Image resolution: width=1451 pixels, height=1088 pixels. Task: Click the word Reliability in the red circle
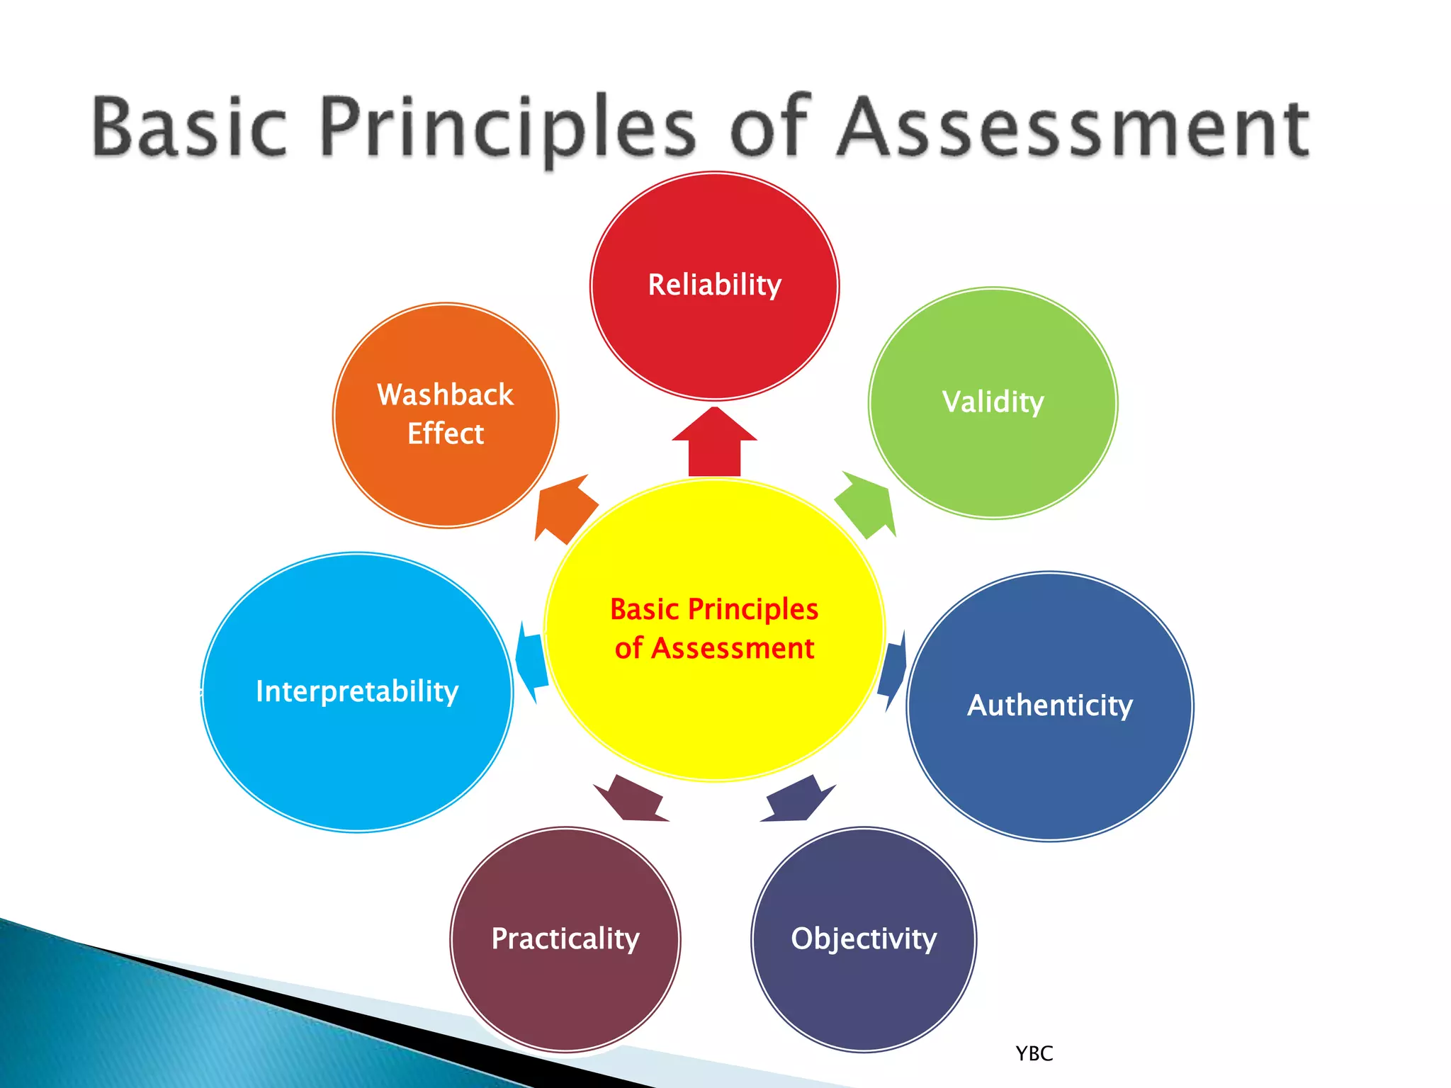(x=714, y=285)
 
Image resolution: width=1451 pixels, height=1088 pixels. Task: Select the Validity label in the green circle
(x=993, y=402)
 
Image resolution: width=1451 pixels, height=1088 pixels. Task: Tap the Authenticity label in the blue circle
(x=1050, y=705)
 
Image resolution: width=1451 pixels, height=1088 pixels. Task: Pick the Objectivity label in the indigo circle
(x=864, y=939)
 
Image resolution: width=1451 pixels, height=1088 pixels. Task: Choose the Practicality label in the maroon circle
(x=565, y=939)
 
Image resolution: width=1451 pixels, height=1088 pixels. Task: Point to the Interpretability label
(x=357, y=691)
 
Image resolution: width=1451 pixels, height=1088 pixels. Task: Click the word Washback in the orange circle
(x=445, y=395)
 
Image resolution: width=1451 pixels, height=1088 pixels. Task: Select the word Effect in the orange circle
(x=445, y=433)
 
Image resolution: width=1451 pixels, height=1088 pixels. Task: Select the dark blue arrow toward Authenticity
(x=893, y=669)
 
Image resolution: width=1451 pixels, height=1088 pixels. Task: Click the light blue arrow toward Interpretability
(x=531, y=662)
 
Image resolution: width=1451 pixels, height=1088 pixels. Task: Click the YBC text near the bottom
(x=1034, y=1054)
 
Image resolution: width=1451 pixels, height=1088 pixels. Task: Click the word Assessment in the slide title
(x=1073, y=127)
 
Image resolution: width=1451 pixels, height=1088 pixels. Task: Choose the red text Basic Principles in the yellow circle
(x=714, y=609)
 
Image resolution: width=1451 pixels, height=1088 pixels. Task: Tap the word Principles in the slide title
(x=509, y=127)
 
